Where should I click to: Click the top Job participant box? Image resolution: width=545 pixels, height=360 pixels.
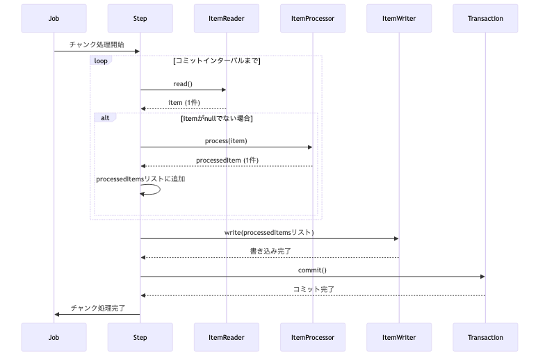54,19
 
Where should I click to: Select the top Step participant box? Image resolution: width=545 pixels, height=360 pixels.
140,19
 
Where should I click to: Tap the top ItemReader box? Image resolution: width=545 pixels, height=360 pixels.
227,19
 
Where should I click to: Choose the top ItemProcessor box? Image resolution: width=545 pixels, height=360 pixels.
313,19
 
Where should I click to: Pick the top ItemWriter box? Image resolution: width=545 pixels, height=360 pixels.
399,19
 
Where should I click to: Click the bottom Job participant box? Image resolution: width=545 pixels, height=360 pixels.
54,337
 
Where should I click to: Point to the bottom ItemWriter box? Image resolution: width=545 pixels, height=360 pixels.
399,337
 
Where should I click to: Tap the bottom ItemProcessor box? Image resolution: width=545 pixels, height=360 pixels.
313,337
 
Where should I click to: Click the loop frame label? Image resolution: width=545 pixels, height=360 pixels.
101,60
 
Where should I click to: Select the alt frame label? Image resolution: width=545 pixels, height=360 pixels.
105,117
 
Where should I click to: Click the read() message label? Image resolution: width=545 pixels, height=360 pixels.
184,83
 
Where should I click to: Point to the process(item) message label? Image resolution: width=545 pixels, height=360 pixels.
226,141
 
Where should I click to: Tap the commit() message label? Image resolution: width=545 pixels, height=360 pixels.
312,270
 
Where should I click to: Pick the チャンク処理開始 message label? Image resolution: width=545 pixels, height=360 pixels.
97,44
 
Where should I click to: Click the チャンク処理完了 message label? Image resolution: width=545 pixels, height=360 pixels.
97,308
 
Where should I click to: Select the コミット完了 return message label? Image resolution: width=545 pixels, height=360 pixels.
312,288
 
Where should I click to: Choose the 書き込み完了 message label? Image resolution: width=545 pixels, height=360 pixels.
270,250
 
